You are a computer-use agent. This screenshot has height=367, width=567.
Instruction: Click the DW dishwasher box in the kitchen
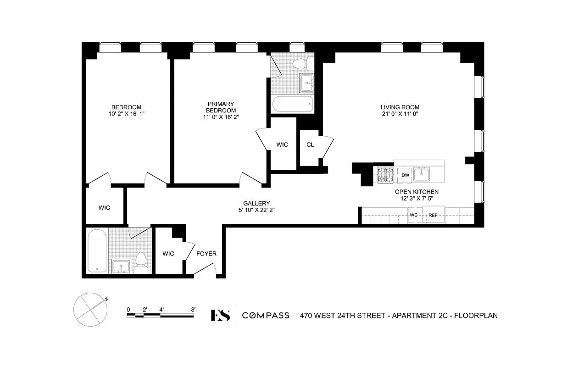click(x=405, y=175)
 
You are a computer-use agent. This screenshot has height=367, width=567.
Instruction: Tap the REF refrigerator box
click(x=433, y=215)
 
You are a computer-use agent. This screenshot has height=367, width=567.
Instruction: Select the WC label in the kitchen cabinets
click(x=413, y=215)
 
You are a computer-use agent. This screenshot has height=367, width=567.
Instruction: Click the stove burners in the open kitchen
click(x=385, y=175)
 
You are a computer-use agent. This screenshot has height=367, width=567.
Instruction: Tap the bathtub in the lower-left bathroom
click(x=97, y=250)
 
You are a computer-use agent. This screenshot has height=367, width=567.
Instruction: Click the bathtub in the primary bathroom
click(x=292, y=104)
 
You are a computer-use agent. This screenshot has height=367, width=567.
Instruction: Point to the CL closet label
click(x=310, y=145)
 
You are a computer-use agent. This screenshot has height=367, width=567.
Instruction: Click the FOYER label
click(x=206, y=254)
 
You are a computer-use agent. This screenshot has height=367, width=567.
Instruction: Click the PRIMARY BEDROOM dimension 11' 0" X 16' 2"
click(x=221, y=117)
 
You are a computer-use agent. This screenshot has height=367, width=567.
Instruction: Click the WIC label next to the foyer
click(x=168, y=254)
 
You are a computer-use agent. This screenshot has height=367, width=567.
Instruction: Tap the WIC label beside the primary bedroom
click(x=282, y=145)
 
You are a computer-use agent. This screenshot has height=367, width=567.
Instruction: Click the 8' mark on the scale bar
click(x=193, y=309)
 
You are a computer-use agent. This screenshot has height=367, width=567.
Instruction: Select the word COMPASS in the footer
click(x=266, y=315)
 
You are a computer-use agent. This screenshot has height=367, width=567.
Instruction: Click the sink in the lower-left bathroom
click(x=121, y=266)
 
